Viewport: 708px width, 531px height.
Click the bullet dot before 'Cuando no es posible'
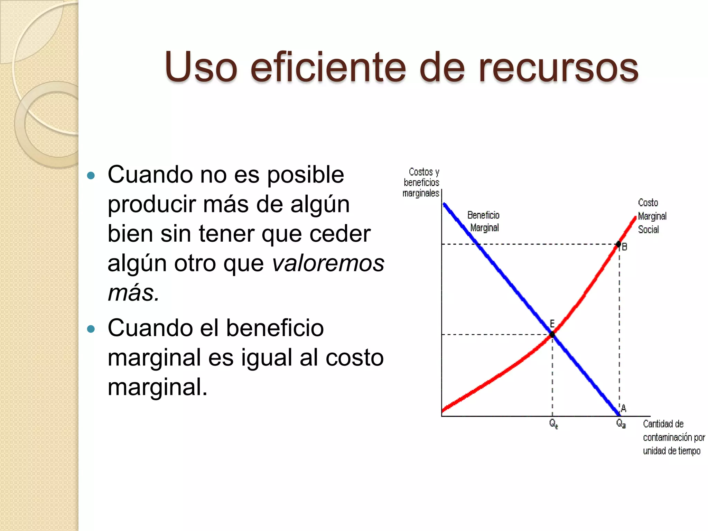[91, 175]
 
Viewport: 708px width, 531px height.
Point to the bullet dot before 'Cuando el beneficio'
[91, 328]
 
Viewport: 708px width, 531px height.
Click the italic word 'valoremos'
[328, 263]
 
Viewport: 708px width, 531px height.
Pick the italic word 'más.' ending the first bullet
[133, 293]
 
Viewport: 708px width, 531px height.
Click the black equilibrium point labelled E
[552, 334]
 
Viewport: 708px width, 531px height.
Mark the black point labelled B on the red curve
[618, 244]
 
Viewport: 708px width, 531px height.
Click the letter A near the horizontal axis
[624, 408]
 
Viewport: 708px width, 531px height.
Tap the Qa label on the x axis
[621, 423]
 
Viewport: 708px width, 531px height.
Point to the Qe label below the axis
[553, 423]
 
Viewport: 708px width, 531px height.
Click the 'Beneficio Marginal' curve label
[484, 221]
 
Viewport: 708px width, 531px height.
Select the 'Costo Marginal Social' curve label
[651, 216]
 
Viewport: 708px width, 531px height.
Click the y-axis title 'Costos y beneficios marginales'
[421, 182]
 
